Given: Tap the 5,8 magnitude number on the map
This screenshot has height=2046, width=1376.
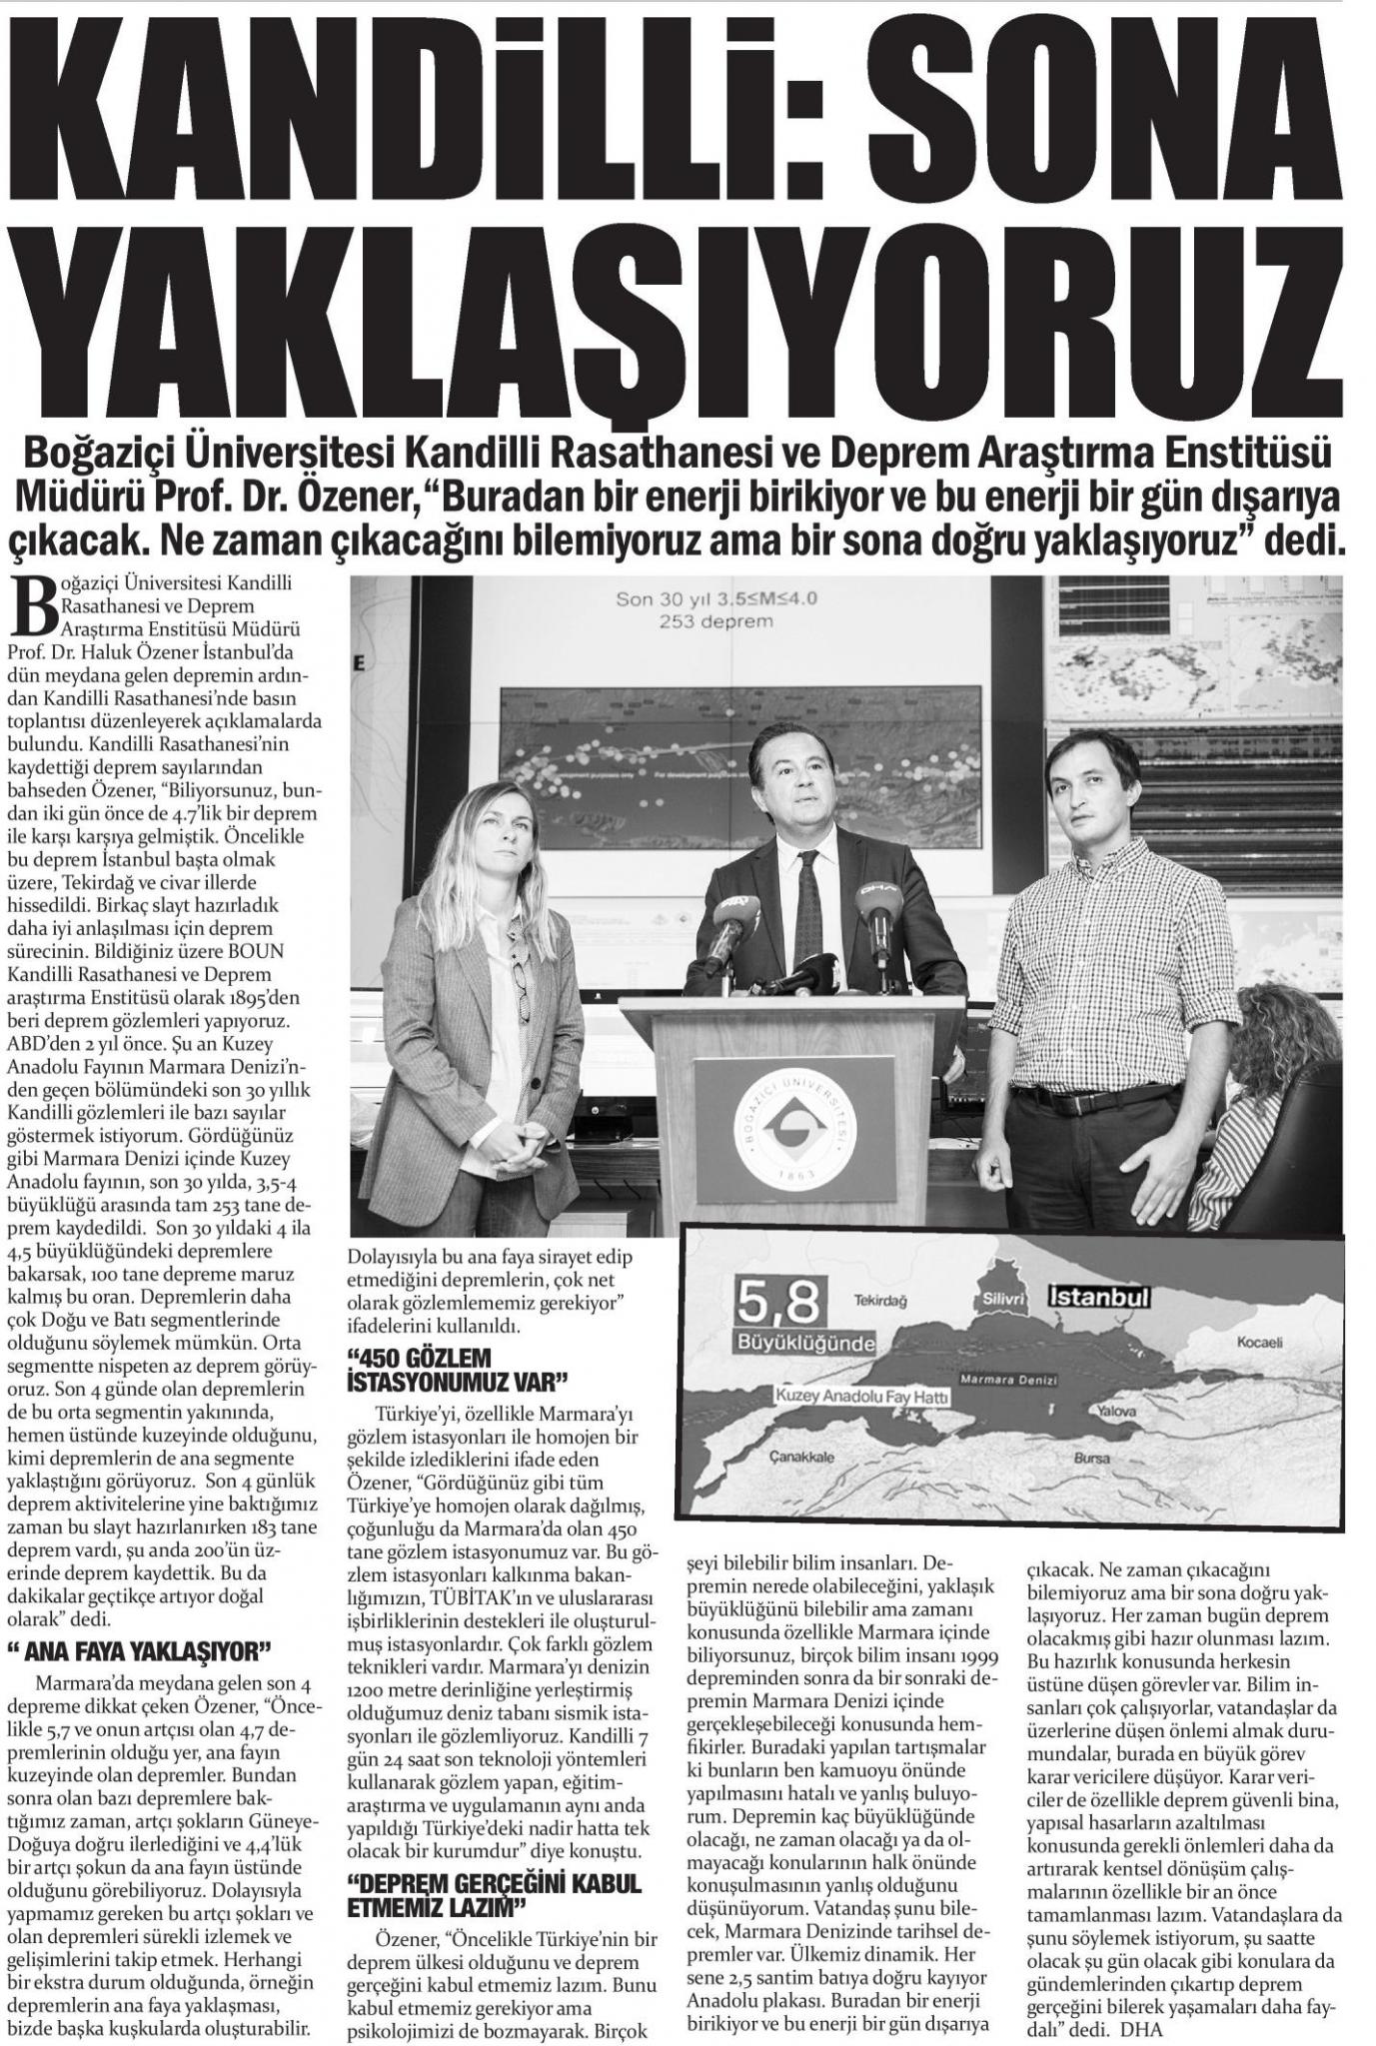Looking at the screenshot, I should pyautogui.click(x=779, y=1302).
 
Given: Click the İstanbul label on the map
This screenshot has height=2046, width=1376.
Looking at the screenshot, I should pyautogui.click(x=1098, y=1297).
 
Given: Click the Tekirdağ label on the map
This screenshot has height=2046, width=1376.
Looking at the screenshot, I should pyautogui.click(x=879, y=1301).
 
